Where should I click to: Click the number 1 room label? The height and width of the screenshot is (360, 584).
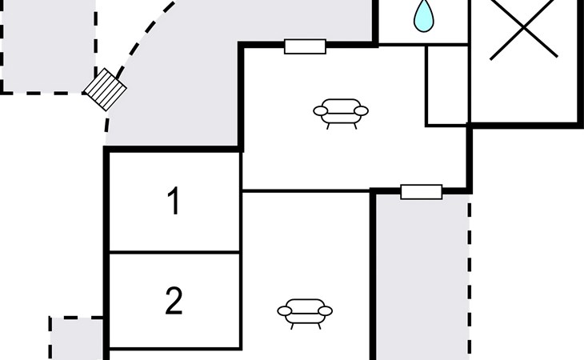pos(174,201)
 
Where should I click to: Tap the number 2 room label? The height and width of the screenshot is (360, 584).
pos(174,301)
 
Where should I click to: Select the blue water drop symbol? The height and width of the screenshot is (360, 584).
pos(424,16)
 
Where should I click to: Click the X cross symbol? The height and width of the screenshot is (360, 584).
pos(523,28)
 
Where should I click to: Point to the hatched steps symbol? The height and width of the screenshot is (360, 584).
pos(106,90)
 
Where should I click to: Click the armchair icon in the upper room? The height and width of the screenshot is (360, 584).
pos(341,114)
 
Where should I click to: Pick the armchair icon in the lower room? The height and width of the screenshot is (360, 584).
pos(305,314)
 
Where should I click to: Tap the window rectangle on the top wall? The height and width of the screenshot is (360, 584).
pos(305,46)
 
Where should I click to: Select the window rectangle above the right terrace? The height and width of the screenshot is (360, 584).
pos(422,192)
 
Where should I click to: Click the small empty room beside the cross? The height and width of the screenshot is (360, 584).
pos(447,86)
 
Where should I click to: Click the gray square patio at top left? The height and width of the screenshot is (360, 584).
pos(48,46)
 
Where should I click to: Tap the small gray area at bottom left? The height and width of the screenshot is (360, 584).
pos(76,338)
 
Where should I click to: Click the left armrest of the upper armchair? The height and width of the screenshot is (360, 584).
pos(320,111)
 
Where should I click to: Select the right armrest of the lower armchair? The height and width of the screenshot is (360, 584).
pos(325,311)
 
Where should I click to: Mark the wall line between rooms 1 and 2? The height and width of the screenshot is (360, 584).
pos(174,253)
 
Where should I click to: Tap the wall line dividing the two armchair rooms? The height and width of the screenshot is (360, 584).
pos(306,191)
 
